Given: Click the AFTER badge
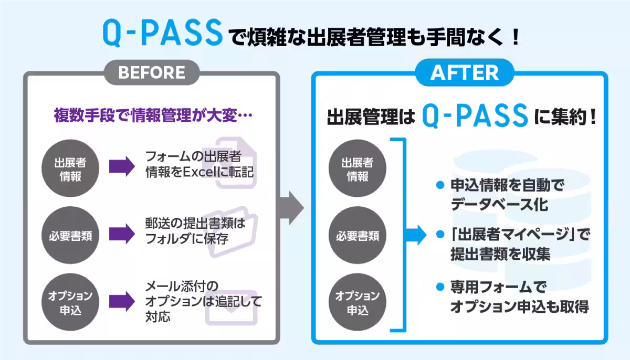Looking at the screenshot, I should pos(465,73).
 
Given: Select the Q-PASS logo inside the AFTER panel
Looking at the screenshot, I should pos(475,116).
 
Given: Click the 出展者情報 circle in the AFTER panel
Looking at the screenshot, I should pos(358,169).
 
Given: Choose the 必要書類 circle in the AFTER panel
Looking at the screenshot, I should pos(358,236).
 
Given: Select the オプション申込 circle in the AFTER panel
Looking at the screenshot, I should pos(358,303).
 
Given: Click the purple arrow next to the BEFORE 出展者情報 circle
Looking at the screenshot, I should pos(122,167).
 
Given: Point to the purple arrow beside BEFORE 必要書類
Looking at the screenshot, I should pos(122,235).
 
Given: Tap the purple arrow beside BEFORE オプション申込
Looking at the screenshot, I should pos(122,302).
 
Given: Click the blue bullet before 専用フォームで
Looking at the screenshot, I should pos(440,287).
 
